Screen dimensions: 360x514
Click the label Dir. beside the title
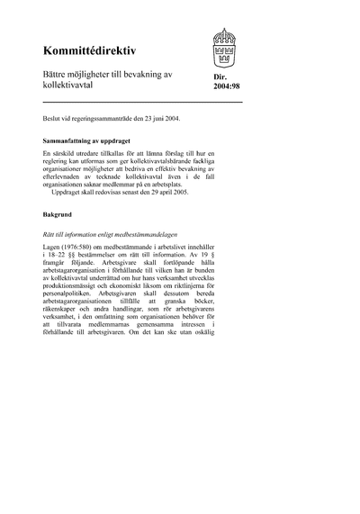click(x=222, y=80)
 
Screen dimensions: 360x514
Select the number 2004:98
click(x=229, y=92)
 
